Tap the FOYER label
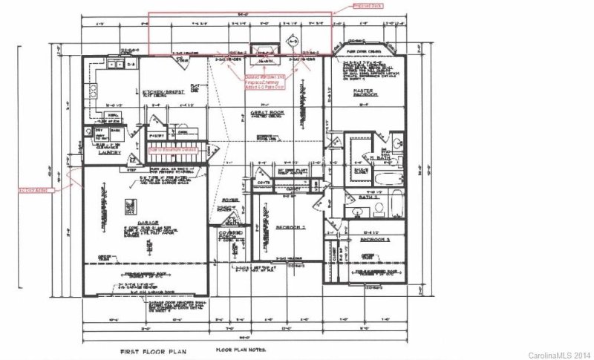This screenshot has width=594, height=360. [229, 200]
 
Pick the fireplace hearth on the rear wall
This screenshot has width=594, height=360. [264, 53]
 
